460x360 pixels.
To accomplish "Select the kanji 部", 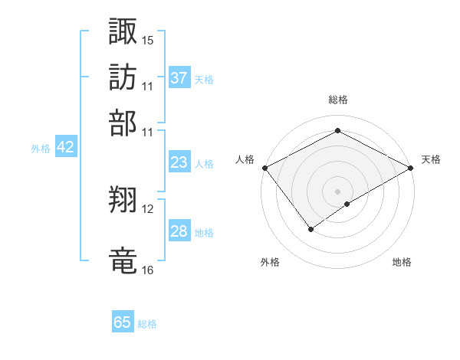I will point(123,123).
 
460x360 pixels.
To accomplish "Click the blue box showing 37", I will point(179,77).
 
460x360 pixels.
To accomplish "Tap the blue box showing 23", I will point(179,162).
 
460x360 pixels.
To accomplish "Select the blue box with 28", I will point(179,231).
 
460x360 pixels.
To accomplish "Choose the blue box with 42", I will point(65,147).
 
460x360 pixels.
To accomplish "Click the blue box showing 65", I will point(123,322).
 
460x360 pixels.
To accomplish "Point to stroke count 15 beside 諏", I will point(148,39).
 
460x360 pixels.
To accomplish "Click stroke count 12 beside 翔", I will point(148,208).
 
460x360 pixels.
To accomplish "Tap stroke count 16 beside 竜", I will point(148,270).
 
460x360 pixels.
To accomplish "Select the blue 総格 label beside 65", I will point(147,324).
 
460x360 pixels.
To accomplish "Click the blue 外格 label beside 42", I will point(40,149).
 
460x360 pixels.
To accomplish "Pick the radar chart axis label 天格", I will point(431,159).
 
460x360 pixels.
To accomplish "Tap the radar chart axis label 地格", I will point(402,263).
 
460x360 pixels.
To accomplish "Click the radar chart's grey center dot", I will point(337,191).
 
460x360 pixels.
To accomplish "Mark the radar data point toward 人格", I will point(264,167).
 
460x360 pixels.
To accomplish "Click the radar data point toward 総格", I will point(337,131).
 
